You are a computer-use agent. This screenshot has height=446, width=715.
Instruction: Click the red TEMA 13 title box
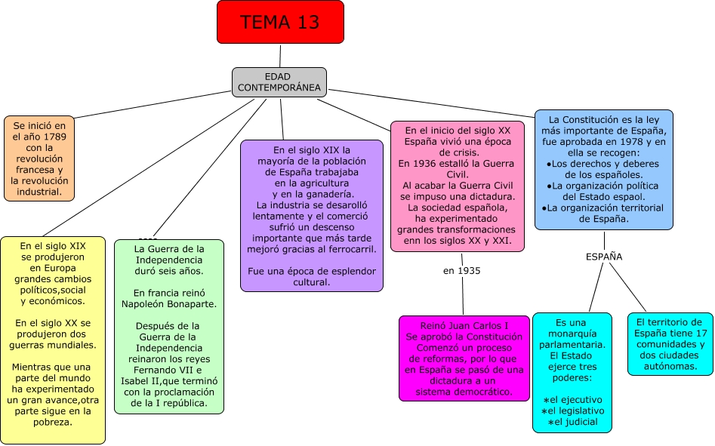[280, 22]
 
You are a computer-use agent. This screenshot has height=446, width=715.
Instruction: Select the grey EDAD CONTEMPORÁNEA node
[279, 82]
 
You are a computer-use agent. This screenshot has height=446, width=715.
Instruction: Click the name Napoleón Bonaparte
[169, 304]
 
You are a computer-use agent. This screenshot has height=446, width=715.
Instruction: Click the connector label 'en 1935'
[461, 270]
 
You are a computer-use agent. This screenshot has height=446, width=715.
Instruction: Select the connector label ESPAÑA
[604, 257]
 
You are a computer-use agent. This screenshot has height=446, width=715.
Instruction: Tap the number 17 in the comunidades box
[701, 334]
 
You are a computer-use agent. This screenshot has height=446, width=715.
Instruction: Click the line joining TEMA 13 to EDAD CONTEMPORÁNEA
[280, 55]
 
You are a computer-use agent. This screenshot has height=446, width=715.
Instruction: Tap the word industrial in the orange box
[39, 192]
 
